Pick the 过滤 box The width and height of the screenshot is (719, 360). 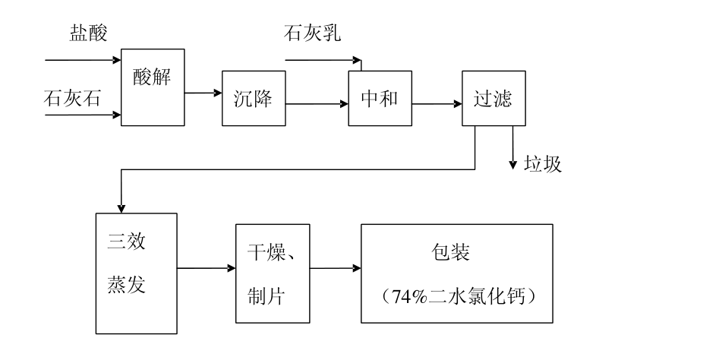coord(492,99)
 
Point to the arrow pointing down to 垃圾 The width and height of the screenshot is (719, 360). coord(514,148)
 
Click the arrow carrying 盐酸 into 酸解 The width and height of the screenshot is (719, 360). coord(84,58)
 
